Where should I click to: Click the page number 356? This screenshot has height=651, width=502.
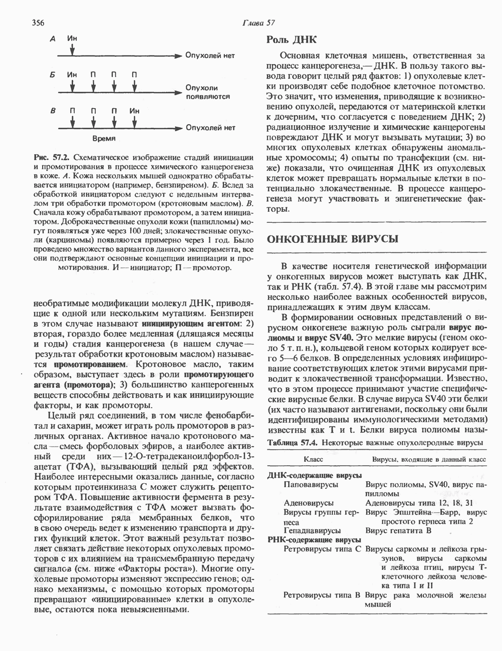39,23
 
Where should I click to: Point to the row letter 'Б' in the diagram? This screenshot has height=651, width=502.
52,75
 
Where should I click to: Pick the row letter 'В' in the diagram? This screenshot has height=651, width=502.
52,110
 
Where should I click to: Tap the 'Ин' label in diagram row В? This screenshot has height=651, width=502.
134,110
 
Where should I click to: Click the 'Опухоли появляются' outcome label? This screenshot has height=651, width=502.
207,92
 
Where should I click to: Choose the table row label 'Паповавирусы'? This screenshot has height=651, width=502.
311,485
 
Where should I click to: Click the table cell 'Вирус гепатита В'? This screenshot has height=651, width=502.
398,530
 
